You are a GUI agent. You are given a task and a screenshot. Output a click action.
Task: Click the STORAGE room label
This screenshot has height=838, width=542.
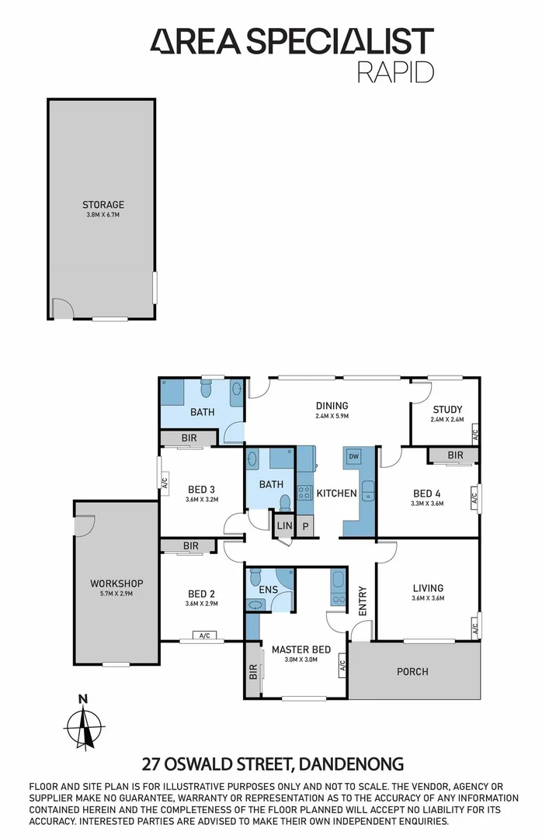pos(103,205)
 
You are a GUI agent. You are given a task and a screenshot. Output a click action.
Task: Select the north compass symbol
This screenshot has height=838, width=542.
pos(83,722)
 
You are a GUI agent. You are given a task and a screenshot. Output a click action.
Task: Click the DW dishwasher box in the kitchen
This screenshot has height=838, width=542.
pos(353,456)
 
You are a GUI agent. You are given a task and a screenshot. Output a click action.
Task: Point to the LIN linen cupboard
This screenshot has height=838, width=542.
pos(284,526)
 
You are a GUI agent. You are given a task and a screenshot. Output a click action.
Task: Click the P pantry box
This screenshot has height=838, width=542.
pos(305,526)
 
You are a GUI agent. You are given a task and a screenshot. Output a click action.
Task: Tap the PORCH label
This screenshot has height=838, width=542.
pos(412,671)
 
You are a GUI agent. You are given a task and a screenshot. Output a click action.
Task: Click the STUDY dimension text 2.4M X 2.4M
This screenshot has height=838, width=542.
pos(446,420)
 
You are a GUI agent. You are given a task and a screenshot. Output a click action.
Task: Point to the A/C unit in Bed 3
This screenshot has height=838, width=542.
pos(164,482)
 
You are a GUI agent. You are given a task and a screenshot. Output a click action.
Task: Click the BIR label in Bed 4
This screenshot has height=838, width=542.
pos(455,455)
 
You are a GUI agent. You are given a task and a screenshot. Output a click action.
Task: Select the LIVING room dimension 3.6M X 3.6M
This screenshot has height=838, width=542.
pos(427,597)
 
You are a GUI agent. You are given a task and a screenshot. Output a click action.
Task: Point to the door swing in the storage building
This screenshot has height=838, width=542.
pos(62,309)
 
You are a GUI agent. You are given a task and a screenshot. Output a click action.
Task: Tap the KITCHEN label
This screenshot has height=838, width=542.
pos(336,493)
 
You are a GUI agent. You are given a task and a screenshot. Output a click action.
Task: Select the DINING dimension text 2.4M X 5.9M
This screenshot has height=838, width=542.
pos(332,415)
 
